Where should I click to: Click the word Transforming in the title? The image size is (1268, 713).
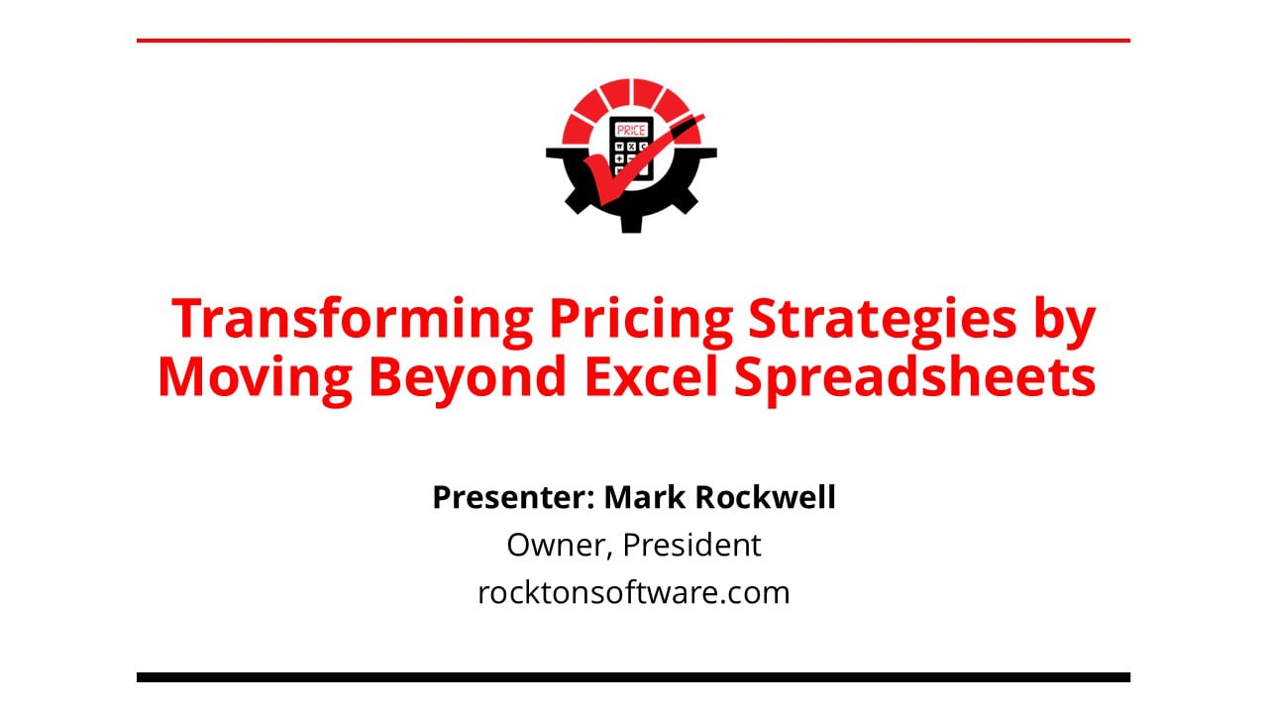click(x=352, y=320)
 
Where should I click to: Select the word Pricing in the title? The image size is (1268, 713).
click(x=641, y=320)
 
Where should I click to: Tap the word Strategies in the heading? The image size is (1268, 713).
click(x=883, y=320)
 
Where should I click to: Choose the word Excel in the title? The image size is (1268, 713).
click(x=651, y=375)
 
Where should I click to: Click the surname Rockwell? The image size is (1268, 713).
click(x=765, y=497)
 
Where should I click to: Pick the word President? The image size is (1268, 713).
click(x=691, y=545)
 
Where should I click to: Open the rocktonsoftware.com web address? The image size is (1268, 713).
click(x=633, y=592)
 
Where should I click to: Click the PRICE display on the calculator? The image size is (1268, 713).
click(x=631, y=131)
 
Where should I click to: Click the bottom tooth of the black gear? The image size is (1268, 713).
click(x=631, y=224)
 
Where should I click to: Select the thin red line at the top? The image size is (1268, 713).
click(x=633, y=41)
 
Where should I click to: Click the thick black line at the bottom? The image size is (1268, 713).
click(x=633, y=677)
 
